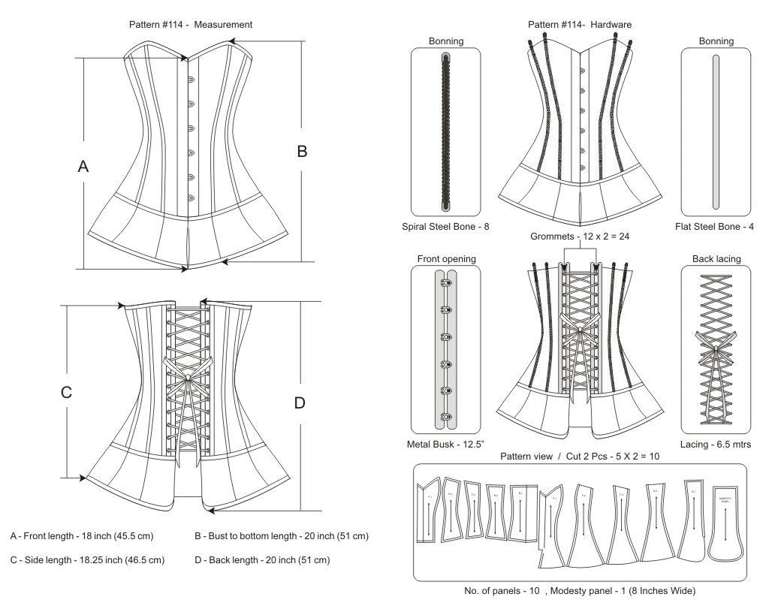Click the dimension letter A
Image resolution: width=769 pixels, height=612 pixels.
click(x=83, y=167)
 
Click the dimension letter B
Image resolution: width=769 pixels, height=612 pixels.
click(x=302, y=151)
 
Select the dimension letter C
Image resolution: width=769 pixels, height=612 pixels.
click(x=66, y=391)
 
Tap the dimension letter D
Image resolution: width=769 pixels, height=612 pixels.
click(x=300, y=403)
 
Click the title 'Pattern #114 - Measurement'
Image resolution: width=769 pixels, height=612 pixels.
click(x=191, y=24)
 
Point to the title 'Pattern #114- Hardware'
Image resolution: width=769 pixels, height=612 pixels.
click(x=579, y=24)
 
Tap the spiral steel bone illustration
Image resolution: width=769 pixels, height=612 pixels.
click(x=446, y=131)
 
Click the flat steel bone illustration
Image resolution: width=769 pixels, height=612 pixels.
click(x=715, y=131)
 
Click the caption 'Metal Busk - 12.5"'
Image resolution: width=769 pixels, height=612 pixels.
click(x=446, y=444)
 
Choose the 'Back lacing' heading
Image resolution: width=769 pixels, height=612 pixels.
click(x=716, y=259)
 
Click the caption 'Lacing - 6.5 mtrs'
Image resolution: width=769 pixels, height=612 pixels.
click(x=716, y=444)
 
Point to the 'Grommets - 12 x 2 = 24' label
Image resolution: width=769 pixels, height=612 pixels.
click(x=579, y=237)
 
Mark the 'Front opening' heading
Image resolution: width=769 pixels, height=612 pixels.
click(x=446, y=259)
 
